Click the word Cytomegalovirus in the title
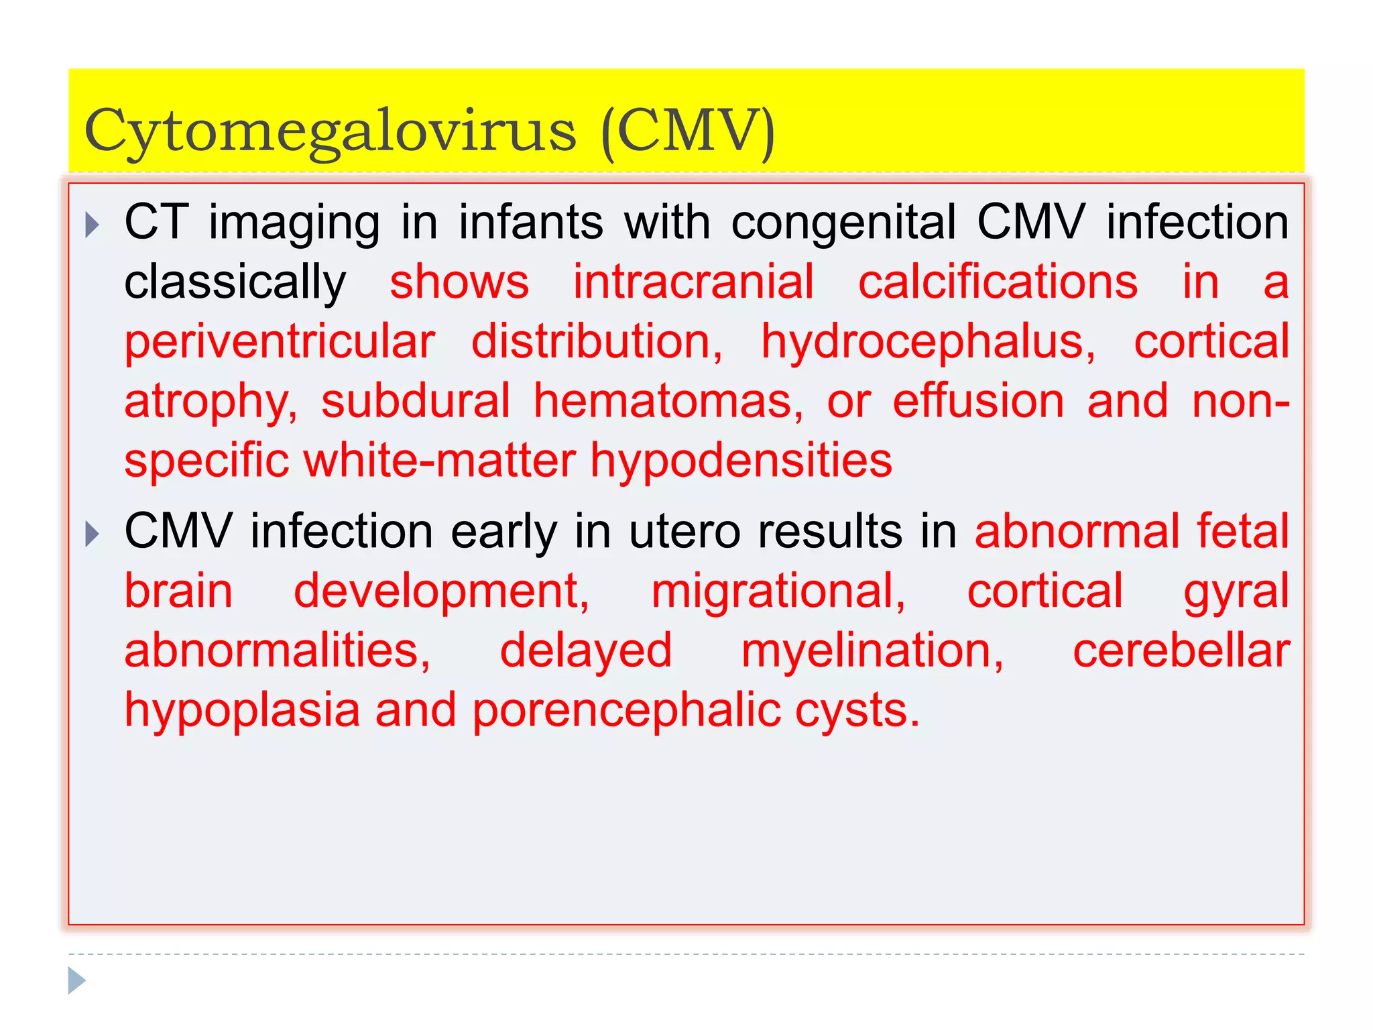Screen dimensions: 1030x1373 click(x=330, y=131)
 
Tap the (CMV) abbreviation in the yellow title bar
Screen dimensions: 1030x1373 click(x=689, y=131)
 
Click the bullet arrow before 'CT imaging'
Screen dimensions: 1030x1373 click(x=93, y=225)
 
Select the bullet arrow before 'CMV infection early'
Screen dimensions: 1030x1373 click(x=93, y=534)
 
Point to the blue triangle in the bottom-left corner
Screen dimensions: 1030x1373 click(x=77, y=980)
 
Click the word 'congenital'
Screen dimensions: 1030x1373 click(x=843, y=223)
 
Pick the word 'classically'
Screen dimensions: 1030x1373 click(x=235, y=283)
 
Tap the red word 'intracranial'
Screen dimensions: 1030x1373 click(x=693, y=282)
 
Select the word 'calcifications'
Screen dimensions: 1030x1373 click(x=998, y=282)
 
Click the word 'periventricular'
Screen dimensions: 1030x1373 click(x=280, y=342)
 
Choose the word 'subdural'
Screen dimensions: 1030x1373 click(x=416, y=401)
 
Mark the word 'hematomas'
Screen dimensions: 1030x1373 click(x=668, y=401)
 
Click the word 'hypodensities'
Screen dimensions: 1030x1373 click(x=741, y=461)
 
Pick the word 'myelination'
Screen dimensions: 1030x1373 click(x=872, y=652)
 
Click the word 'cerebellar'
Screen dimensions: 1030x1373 click(x=1181, y=650)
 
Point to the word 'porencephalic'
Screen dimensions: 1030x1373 click(x=626, y=711)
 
